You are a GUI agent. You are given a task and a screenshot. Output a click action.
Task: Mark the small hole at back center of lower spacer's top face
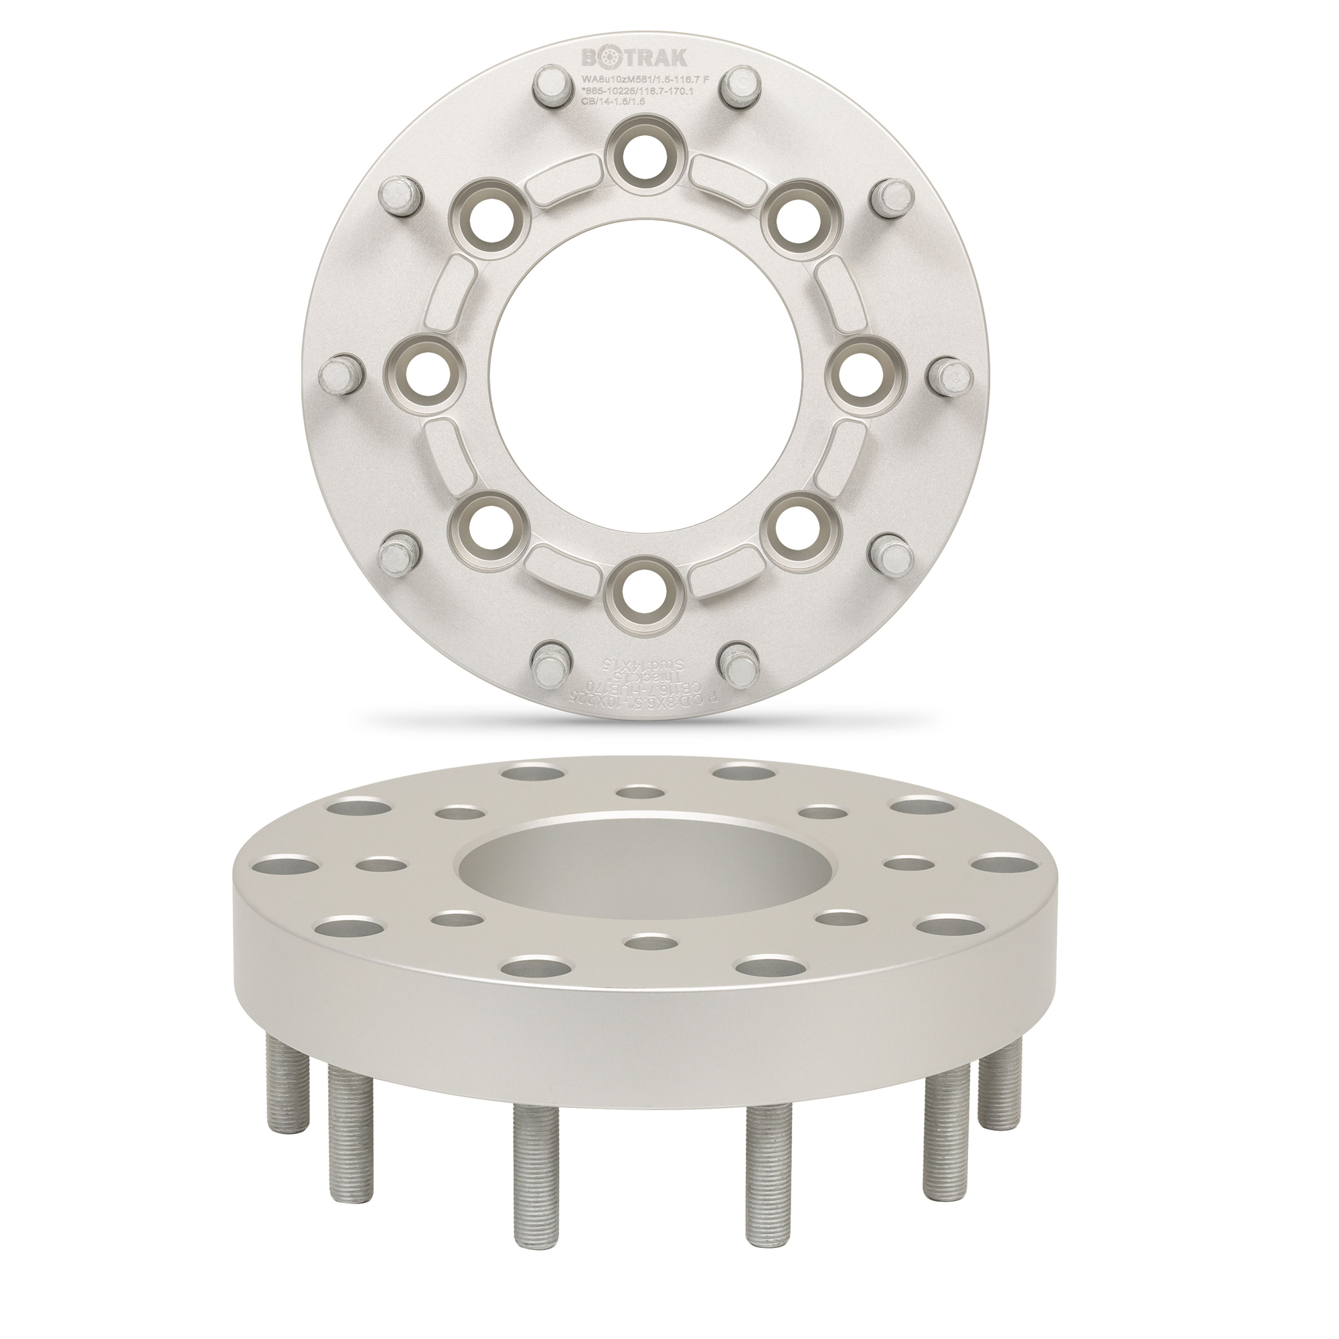tap(638, 793)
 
